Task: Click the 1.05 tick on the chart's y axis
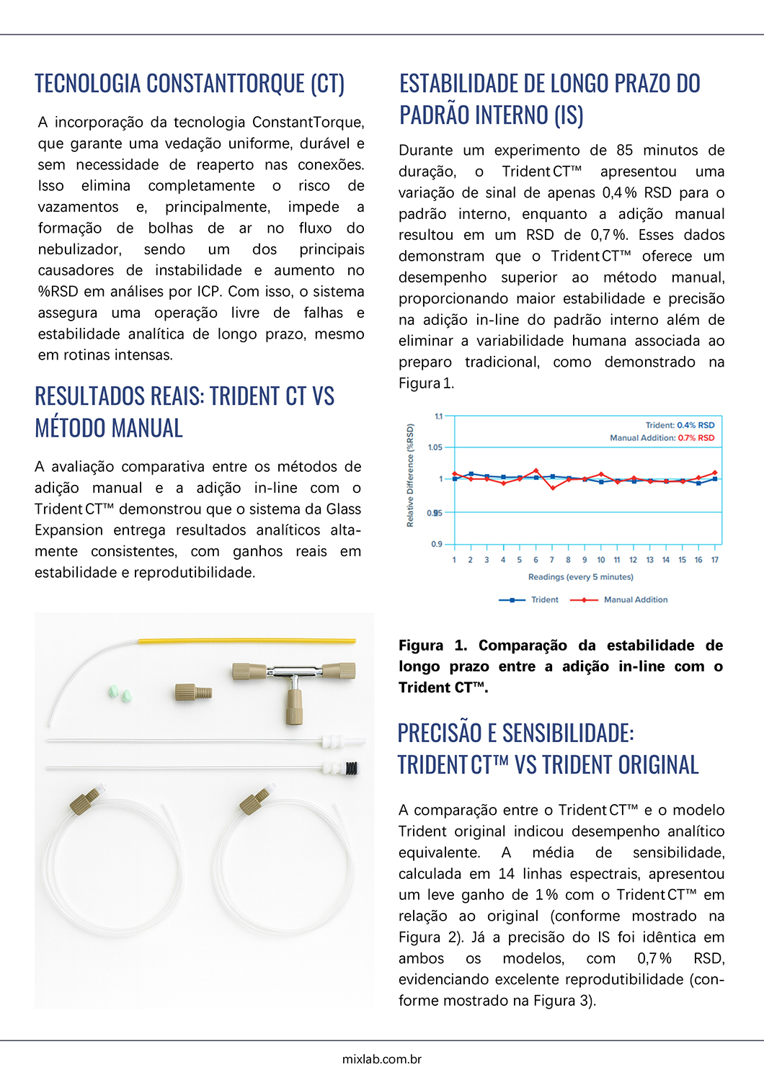tap(435, 447)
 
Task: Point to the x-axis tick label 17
tap(715, 560)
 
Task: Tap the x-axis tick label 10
tap(601, 560)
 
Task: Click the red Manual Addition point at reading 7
tap(552, 488)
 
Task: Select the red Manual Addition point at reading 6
tap(536, 470)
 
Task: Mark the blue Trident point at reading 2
tap(471, 474)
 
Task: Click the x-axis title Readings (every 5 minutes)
tap(580, 577)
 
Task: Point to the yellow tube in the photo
tap(246, 641)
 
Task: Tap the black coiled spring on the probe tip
tap(352, 768)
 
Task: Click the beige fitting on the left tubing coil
tap(84, 801)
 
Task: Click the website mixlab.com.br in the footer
tap(382, 1059)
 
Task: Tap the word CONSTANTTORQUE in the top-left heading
tap(226, 84)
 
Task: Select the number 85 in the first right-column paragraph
tap(624, 151)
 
